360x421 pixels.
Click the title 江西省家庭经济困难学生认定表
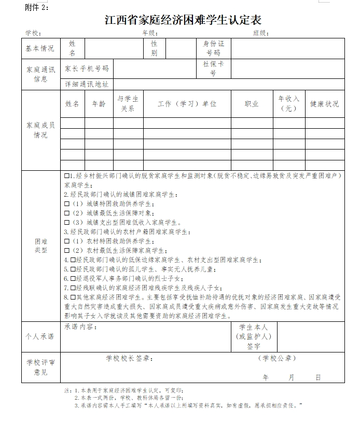(x=183, y=20)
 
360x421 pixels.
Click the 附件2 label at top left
(x=37, y=7)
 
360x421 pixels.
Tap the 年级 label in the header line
(x=150, y=33)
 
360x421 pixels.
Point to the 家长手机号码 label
(x=87, y=68)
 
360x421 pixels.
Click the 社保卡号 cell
(x=213, y=69)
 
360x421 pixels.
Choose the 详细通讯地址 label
(x=87, y=84)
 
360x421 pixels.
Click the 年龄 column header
(x=99, y=104)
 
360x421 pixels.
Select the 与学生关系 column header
(x=128, y=104)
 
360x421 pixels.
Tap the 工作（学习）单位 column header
(x=187, y=104)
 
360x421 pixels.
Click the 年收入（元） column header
(x=289, y=104)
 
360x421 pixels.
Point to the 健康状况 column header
(x=325, y=104)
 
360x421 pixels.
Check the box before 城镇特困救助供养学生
(x=66, y=204)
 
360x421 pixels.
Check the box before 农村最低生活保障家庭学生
(x=66, y=251)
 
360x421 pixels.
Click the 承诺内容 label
(x=80, y=327)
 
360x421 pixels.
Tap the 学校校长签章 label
(x=129, y=358)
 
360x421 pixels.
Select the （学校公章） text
(x=276, y=358)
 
